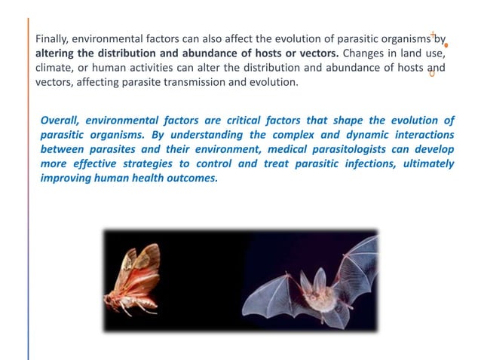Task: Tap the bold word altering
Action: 57,54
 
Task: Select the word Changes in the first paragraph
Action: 363,54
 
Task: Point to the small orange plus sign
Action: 433,34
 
